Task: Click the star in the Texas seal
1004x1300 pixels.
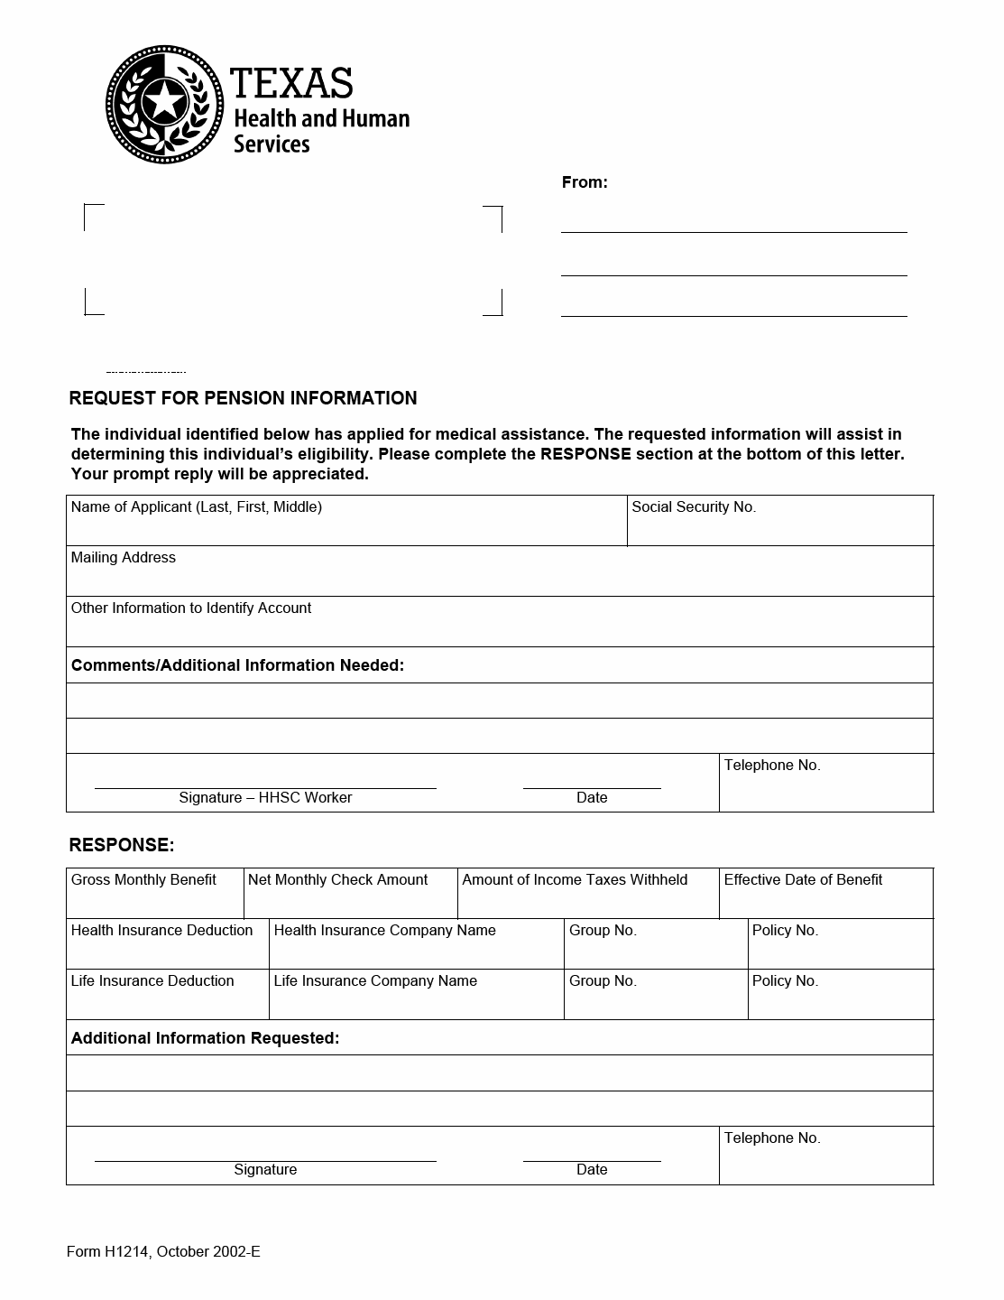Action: pyautogui.click(x=164, y=101)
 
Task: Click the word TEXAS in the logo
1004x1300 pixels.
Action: pyautogui.click(x=290, y=83)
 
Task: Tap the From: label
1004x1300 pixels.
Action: pyautogui.click(x=585, y=182)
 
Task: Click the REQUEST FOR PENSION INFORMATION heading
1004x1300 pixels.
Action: pyautogui.click(x=243, y=398)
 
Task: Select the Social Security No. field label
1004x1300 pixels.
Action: pyautogui.click(x=694, y=507)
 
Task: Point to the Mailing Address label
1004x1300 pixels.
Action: pyautogui.click(x=124, y=558)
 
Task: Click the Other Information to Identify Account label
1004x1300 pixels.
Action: pyautogui.click(x=191, y=608)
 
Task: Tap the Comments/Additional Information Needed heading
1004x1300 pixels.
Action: pyautogui.click(x=237, y=665)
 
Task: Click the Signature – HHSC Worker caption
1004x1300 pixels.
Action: pyautogui.click(x=265, y=798)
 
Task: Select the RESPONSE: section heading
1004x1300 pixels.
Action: pyautogui.click(x=122, y=845)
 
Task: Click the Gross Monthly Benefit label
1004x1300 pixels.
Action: pyautogui.click(x=143, y=880)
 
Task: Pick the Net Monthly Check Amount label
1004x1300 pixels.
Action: pyautogui.click(x=337, y=880)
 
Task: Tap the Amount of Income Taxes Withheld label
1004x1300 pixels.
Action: pyautogui.click(x=575, y=880)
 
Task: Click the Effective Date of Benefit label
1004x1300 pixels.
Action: pyautogui.click(x=803, y=880)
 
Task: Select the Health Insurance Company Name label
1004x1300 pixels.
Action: pyautogui.click(x=384, y=931)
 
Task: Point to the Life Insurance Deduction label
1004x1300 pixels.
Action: pyautogui.click(x=152, y=981)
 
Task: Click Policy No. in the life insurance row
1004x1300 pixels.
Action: pyautogui.click(x=785, y=981)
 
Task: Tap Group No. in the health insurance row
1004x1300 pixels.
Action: pyautogui.click(x=603, y=931)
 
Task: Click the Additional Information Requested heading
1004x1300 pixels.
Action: pyautogui.click(x=205, y=1038)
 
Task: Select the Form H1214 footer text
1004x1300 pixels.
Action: pyautogui.click(x=163, y=1251)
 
